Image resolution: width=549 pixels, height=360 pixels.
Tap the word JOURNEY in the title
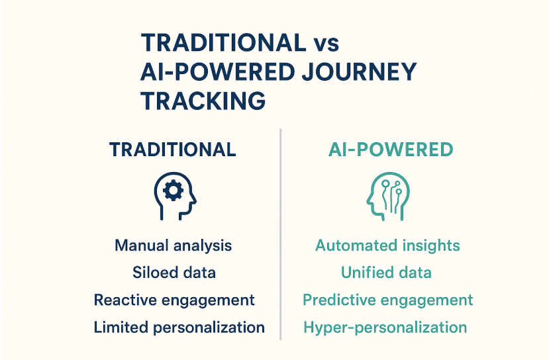click(358, 71)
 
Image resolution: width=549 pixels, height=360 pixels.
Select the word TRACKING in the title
click(203, 101)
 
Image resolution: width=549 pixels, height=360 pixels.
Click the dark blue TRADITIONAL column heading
click(173, 150)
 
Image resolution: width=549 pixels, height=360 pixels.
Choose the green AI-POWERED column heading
click(391, 150)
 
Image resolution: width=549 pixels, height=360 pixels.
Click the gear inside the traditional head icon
click(173, 191)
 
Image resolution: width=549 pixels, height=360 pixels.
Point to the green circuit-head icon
click(388, 196)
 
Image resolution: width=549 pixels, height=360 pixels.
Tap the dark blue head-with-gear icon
click(175, 196)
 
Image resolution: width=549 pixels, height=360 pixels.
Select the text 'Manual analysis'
click(173, 246)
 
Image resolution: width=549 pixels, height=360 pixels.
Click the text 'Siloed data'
click(174, 273)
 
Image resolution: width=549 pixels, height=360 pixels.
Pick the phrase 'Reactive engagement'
click(174, 300)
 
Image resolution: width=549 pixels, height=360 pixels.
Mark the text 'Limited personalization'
click(179, 328)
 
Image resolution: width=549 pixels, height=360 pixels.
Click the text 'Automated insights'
click(387, 246)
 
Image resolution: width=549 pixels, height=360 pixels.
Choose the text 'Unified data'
click(386, 273)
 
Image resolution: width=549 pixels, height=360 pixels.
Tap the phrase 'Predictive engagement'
click(387, 300)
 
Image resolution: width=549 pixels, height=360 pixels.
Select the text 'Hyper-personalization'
click(385, 328)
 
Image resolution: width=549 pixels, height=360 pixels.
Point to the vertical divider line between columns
click(280, 234)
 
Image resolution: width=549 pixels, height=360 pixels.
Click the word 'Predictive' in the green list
click(338, 300)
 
